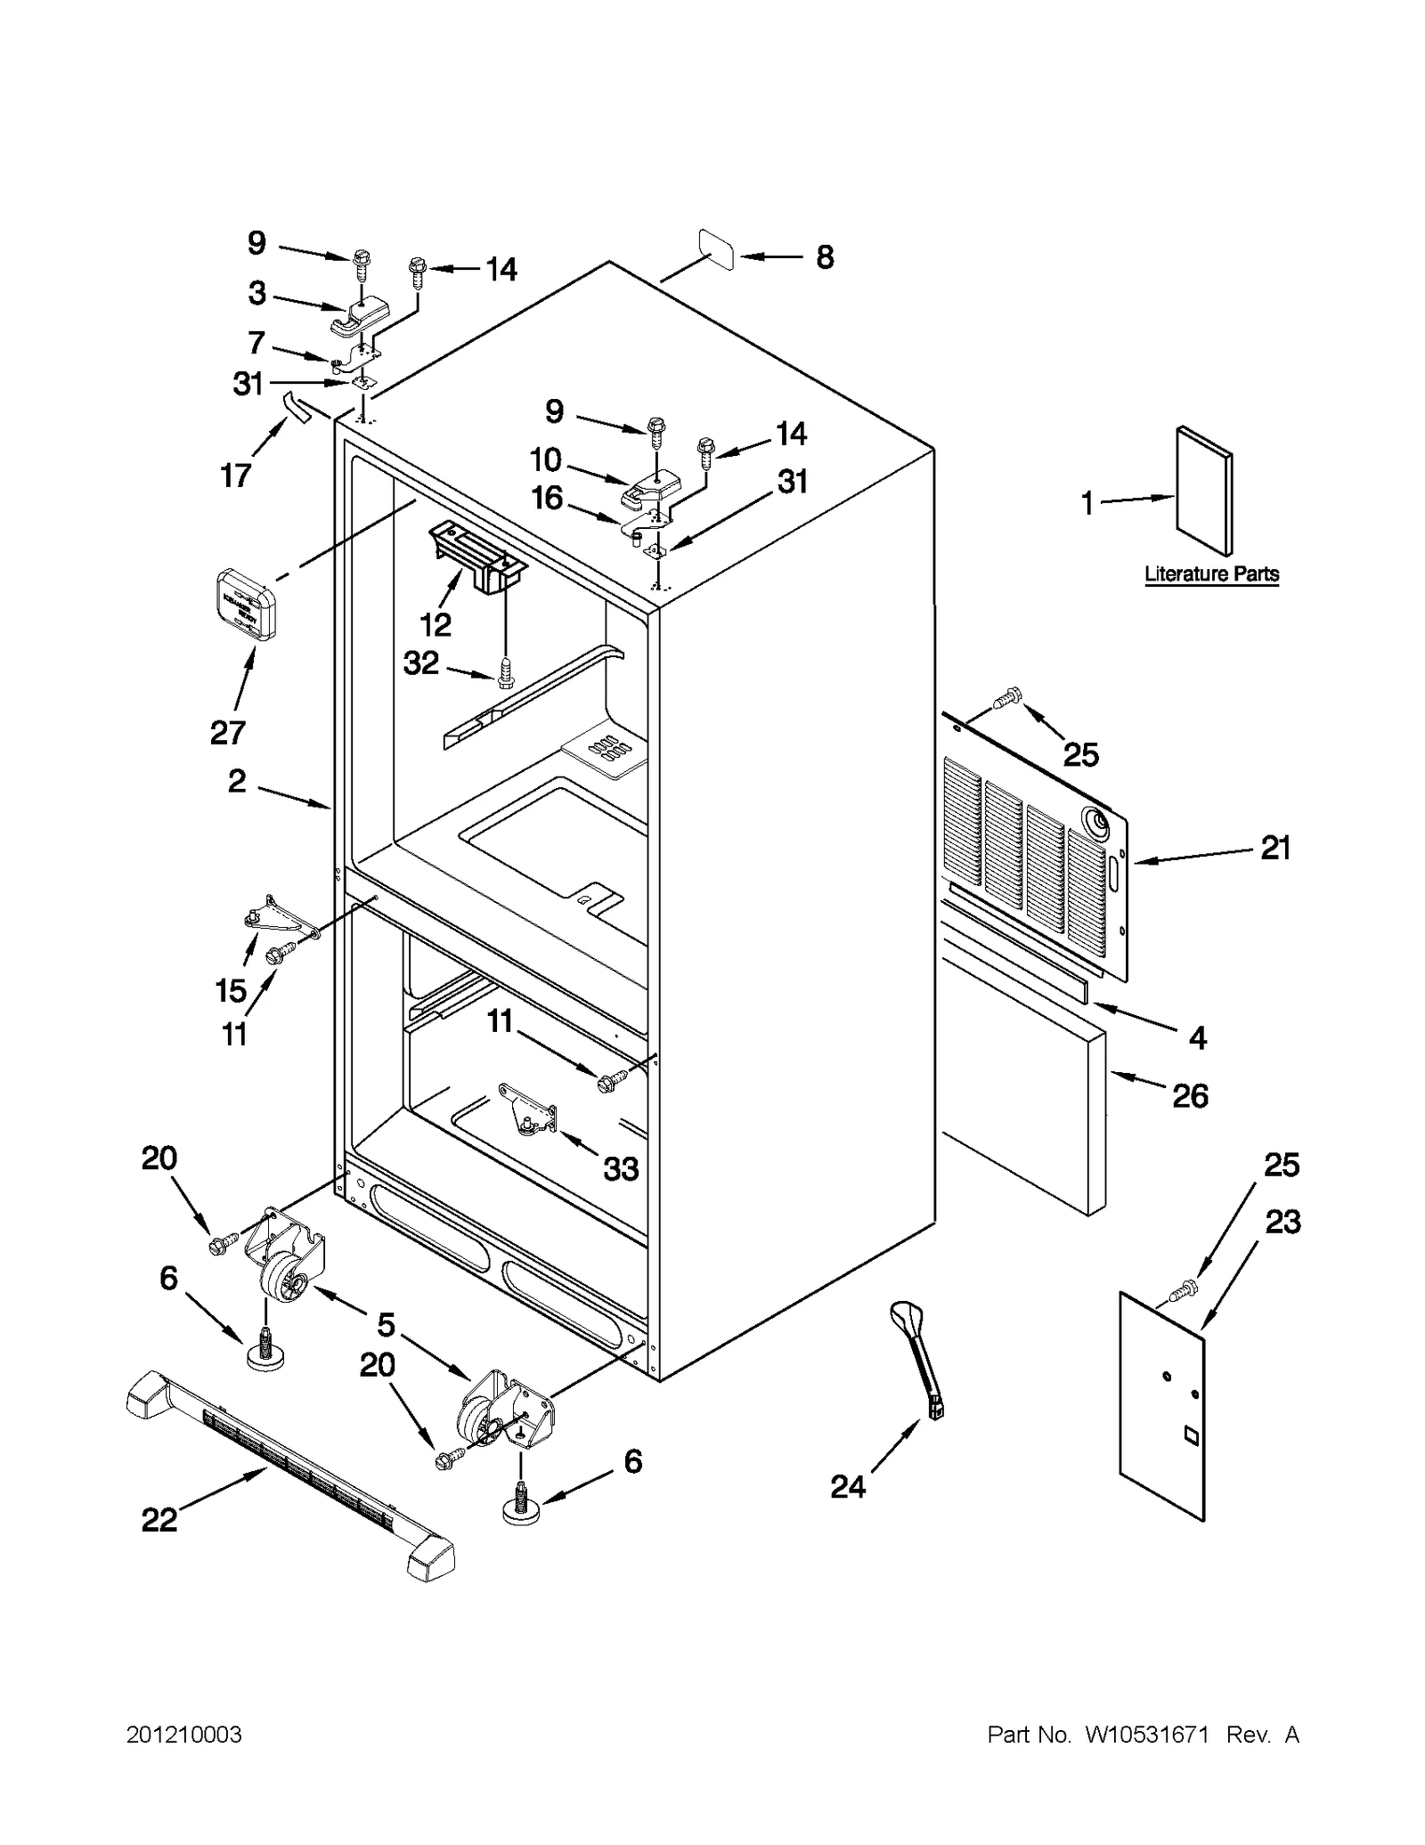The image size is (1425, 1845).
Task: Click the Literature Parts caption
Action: click(x=1211, y=574)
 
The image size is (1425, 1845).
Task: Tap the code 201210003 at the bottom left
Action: click(x=183, y=1735)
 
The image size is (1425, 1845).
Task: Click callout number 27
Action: click(x=227, y=733)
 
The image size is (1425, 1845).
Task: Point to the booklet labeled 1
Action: click(x=1204, y=491)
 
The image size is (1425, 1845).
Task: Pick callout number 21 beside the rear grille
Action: click(x=1274, y=848)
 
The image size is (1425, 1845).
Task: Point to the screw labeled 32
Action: click(x=505, y=674)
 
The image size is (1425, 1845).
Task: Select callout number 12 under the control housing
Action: click(x=436, y=625)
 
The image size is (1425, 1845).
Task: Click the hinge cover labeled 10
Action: click(x=651, y=486)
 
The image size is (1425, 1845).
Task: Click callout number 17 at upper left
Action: click(x=236, y=475)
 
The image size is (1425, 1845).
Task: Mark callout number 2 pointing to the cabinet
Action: click(x=236, y=781)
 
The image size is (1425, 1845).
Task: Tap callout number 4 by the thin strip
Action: click(x=1198, y=1037)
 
